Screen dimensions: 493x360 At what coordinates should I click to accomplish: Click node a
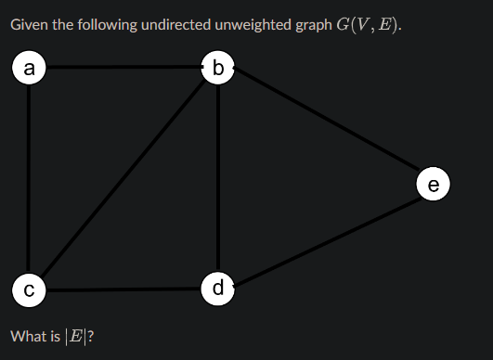coord(29,68)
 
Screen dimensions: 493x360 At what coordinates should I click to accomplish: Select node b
coord(218,68)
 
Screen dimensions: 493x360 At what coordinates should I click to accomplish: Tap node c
coord(29,289)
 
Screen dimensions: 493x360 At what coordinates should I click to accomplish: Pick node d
coord(218,289)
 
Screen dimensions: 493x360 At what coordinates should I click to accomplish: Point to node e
coord(434,184)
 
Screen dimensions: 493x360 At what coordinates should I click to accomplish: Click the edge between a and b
coord(123,67)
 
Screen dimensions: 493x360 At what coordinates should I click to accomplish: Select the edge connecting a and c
coord(29,179)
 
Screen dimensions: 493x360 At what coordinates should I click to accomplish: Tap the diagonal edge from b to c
coord(123,178)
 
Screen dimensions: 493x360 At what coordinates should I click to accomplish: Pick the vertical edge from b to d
coord(218,178)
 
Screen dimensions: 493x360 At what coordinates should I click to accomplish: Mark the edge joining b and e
coord(326,119)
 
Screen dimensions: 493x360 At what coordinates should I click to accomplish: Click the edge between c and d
coord(123,289)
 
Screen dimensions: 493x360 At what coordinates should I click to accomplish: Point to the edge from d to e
coord(327,241)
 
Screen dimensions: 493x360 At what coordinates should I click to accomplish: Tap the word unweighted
coord(253,25)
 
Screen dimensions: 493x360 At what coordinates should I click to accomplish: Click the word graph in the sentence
coord(314,26)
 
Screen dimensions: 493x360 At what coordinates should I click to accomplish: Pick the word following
coord(107,25)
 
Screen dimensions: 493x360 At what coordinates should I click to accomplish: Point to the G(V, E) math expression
coord(369,25)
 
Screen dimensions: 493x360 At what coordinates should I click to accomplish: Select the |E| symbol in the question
coord(75,337)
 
